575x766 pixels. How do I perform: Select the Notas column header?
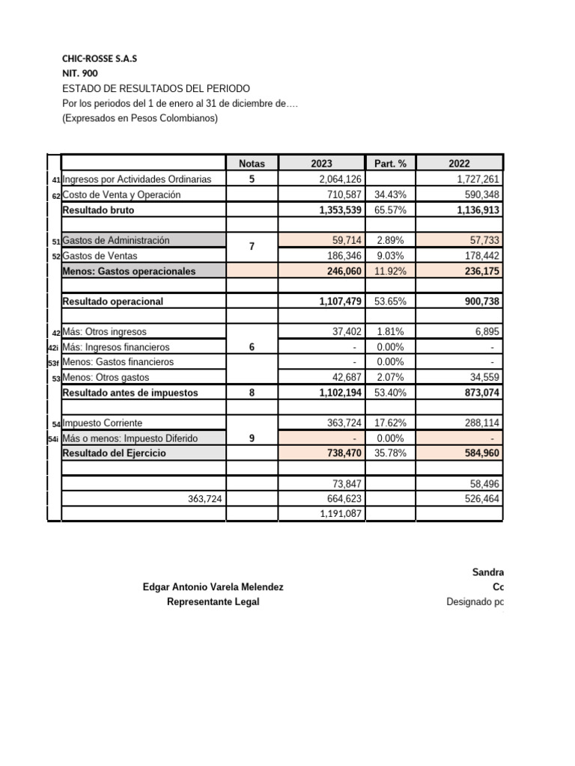pyautogui.click(x=252, y=163)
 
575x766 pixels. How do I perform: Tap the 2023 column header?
pyautogui.click(x=321, y=163)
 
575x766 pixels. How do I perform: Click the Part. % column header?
pyautogui.click(x=389, y=163)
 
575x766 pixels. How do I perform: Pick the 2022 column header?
pyautogui.click(x=460, y=163)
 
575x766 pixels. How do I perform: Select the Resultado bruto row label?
pyautogui.click(x=99, y=210)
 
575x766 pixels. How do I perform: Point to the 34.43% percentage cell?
pyautogui.click(x=389, y=194)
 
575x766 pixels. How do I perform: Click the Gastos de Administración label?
pyautogui.click(x=116, y=240)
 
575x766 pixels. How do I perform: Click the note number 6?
pyautogui.click(x=252, y=347)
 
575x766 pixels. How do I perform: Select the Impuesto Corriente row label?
pyautogui.click(x=103, y=423)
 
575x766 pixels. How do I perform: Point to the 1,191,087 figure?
pyautogui.click(x=341, y=514)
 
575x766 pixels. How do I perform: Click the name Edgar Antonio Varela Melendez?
pyautogui.click(x=213, y=588)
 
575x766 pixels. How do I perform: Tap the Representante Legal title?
pyautogui.click(x=213, y=602)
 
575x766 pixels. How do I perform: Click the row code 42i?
pyautogui.click(x=53, y=348)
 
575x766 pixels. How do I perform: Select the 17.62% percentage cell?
pyautogui.click(x=389, y=423)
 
